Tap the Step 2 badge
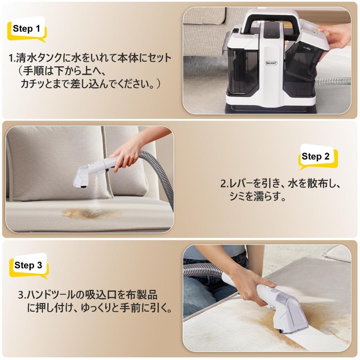coord(315,157)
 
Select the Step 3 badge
coord(28,265)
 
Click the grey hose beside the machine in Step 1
coord(333,81)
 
